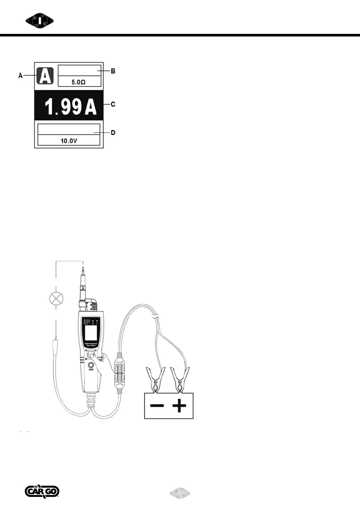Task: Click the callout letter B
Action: pyautogui.click(x=113, y=71)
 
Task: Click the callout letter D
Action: pyautogui.click(x=113, y=133)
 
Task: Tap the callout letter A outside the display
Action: pyautogui.click(x=20, y=76)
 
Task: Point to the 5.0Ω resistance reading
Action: pyautogui.click(x=79, y=82)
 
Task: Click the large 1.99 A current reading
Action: pyautogui.click(x=68, y=106)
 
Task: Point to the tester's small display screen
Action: pyautogui.click(x=91, y=333)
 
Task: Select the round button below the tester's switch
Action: pyautogui.click(x=91, y=366)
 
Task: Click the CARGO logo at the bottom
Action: pyautogui.click(x=42, y=492)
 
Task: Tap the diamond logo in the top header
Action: pyautogui.click(x=38, y=20)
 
